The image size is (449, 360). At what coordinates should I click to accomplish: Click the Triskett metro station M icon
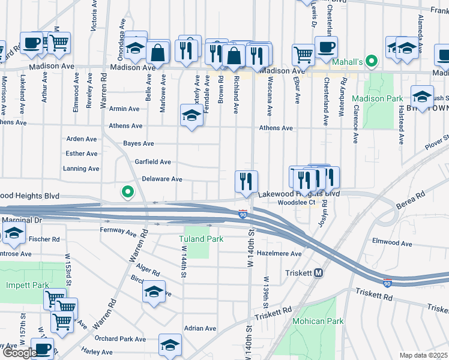coord(319,272)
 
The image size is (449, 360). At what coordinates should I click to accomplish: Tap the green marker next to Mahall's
coord(372,61)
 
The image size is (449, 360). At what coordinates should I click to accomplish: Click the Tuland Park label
coord(201,239)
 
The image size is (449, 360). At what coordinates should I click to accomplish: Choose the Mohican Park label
coord(318,321)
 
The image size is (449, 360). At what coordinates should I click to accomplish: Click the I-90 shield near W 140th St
coord(243,214)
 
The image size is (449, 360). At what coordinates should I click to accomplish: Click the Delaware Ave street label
coord(161,179)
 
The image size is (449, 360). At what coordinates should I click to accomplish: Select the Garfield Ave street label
coord(152,162)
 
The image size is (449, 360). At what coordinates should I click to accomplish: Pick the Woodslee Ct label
coord(296,203)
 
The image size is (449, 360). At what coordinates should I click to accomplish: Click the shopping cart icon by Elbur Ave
coord(303,54)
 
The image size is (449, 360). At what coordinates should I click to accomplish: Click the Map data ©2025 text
coord(424,355)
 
